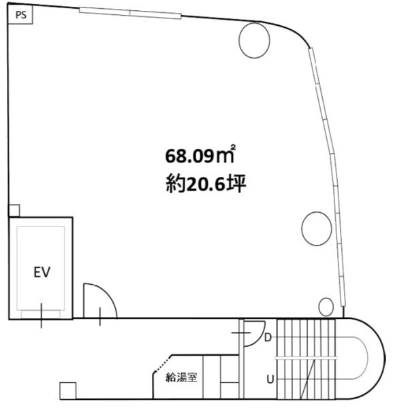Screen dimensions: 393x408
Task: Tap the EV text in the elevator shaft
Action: click(x=42, y=272)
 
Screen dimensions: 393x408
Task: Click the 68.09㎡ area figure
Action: click(x=200, y=155)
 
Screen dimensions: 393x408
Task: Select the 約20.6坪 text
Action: click(x=206, y=184)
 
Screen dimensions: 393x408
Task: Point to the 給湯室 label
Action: click(x=181, y=377)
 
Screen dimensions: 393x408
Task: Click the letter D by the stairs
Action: click(x=268, y=337)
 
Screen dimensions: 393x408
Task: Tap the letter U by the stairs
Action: click(x=270, y=379)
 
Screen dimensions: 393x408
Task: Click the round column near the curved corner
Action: click(x=254, y=40)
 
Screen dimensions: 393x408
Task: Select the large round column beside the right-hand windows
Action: click(x=317, y=228)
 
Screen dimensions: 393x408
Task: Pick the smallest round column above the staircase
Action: click(x=326, y=307)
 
